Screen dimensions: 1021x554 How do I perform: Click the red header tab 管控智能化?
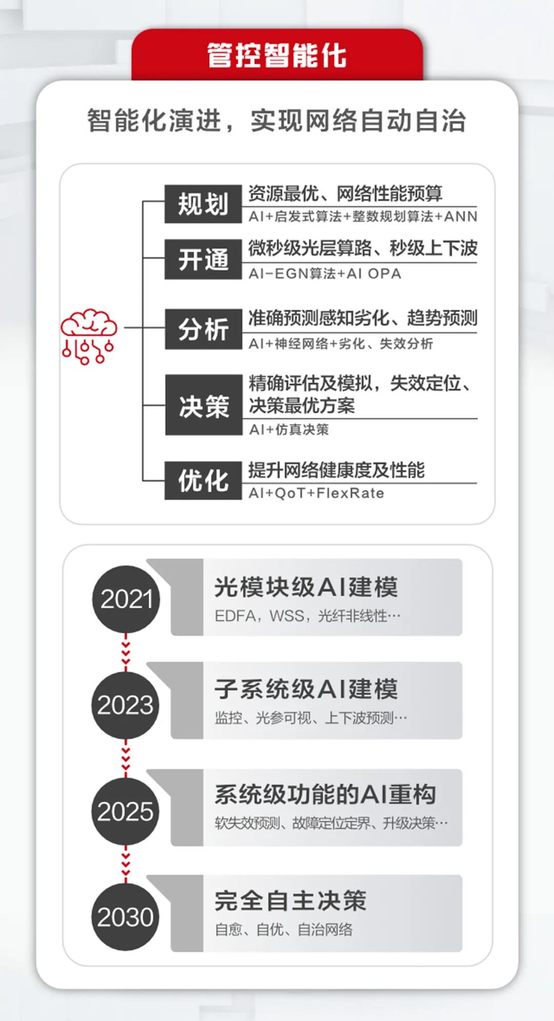click(x=277, y=55)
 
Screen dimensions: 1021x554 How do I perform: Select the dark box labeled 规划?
click(x=203, y=204)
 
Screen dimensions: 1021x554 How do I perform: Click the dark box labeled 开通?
click(x=203, y=259)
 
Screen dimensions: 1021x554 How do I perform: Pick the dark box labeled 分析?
click(x=203, y=329)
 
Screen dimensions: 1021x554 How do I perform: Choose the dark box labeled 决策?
click(x=204, y=406)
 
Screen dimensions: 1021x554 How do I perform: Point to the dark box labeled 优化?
click(x=203, y=480)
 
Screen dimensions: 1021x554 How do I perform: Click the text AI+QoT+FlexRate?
click(x=316, y=493)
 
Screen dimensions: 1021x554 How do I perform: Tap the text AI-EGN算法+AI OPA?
click(x=325, y=274)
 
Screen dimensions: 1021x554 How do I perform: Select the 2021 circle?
click(x=126, y=599)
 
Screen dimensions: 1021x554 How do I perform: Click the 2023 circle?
click(x=126, y=705)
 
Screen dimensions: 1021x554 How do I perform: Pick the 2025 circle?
click(x=126, y=811)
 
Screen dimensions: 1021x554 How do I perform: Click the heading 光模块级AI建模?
click(x=306, y=587)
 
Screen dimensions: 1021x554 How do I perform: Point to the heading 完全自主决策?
click(x=290, y=900)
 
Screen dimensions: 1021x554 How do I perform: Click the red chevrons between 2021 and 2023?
click(x=126, y=652)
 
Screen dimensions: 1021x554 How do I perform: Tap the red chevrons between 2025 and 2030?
click(x=126, y=864)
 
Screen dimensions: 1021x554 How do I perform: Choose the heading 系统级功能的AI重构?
click(x=325, y=795)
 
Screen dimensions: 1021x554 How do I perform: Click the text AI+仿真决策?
click(x=289, y=430)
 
